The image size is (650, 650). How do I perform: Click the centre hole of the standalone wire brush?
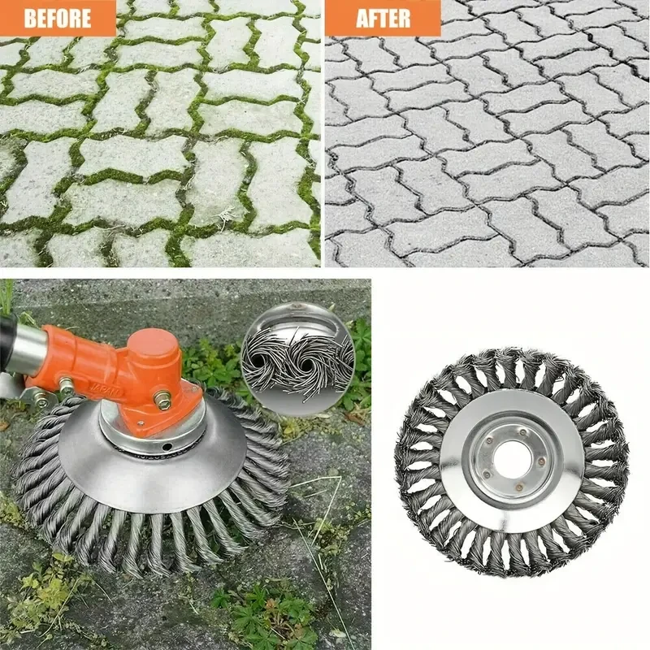coord(513,461)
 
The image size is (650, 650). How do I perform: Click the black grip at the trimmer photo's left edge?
coord(6,333)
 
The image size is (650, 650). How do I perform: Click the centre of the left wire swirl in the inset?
coord(271,358)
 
